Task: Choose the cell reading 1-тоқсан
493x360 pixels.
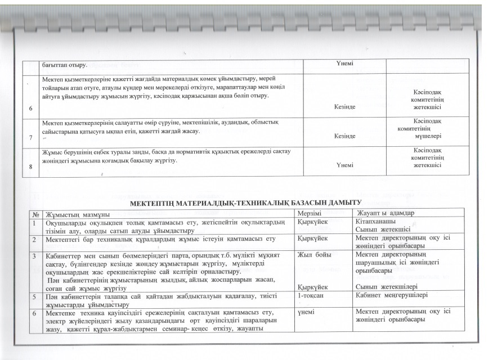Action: click(311, 294)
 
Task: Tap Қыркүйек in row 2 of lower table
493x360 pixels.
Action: click(312, 238)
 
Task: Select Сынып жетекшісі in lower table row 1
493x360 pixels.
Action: click(383, 229)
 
